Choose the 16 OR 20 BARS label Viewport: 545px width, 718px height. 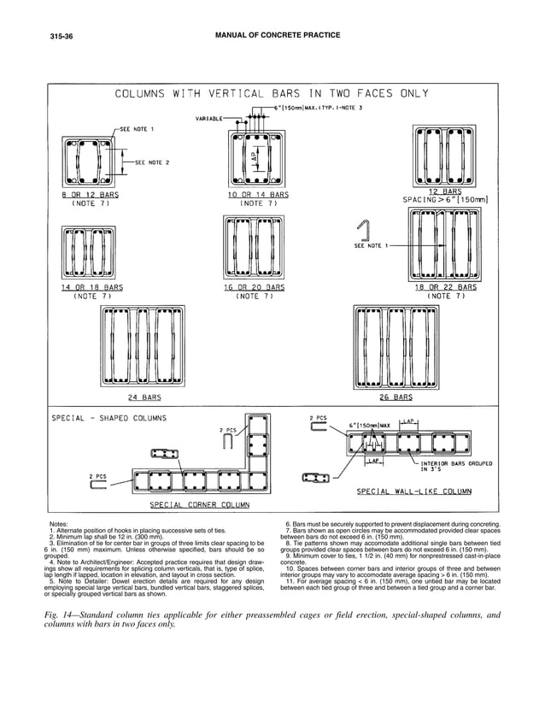[x=254, y=287]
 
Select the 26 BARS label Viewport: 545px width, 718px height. [x=395, y=397]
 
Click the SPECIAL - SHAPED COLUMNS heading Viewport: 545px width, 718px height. [x=109, y=418]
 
